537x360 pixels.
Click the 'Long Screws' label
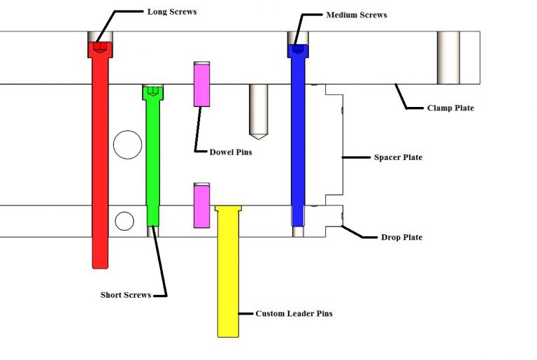pyautogui.click(x=172, y=12)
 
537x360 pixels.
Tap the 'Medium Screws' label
pyautogui.click(x=356, y=15)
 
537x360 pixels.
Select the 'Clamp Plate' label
pyautogui.click(x=450, y=108)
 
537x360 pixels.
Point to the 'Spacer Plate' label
pyautogui.click(x=397, y=157)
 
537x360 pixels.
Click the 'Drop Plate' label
pyautogui.click(x=401, y=238)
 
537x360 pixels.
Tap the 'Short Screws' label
pyautogui.click(x=126, y=295)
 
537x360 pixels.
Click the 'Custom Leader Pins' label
pyautogui.click(x=294, y=314)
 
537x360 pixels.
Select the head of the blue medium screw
pyautogui.click(x=299, y=51)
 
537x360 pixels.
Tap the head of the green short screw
pyautogui.click(x=154, y=92)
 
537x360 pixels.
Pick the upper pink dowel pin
pyautogui.click(x=202, y=84)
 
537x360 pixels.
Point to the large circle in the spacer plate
pyautogui.click(x=127, y=145)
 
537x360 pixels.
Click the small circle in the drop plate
pyautogui.click(x=124, y=221)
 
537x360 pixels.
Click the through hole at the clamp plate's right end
pyautogui.click(x=449, y=57)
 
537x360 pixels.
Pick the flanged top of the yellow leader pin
pyautogui.click(x=228, y=209)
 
